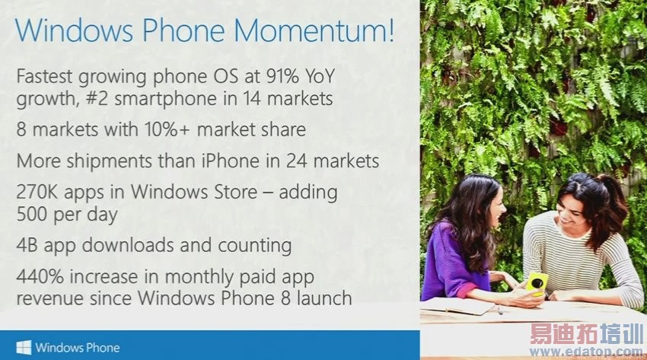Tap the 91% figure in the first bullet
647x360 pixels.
point(277,78)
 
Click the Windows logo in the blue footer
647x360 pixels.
point(24,347)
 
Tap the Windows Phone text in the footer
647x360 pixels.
point(78,347)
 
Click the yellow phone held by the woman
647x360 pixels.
point(536,283)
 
